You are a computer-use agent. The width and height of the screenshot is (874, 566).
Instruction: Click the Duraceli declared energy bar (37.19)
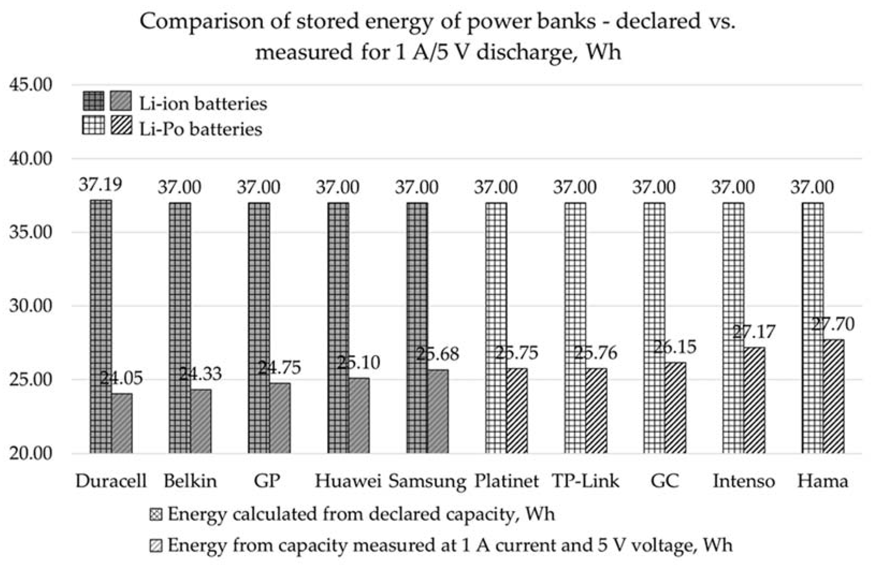[x=101, y=326]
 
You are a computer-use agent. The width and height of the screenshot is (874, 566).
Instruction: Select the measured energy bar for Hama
[x=834, y=396]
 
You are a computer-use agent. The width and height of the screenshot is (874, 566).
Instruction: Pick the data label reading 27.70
[x=832, y=324]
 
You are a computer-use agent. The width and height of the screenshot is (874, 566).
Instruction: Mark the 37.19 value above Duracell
[x=100, y=184]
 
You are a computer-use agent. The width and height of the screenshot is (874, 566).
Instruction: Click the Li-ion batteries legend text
[x=203, y=104]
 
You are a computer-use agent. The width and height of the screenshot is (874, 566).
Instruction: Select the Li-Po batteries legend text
[x=201, y=129]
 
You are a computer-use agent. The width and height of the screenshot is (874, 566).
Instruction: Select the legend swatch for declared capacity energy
[x=156, y=515]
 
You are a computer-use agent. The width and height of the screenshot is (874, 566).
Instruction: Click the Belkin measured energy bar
[x=201, y=421]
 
